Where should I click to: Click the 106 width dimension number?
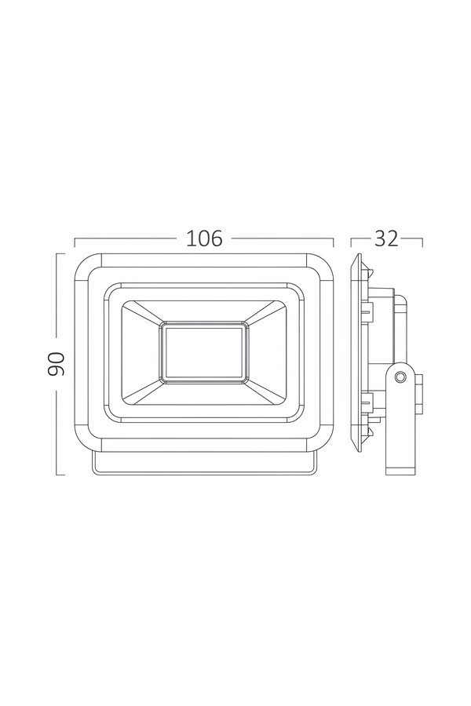(204, 238)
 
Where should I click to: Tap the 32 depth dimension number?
(386, 238)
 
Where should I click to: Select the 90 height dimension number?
(57, 364)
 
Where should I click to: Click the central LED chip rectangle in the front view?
(204, 352)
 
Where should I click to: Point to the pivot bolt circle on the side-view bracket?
(399, 377)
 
